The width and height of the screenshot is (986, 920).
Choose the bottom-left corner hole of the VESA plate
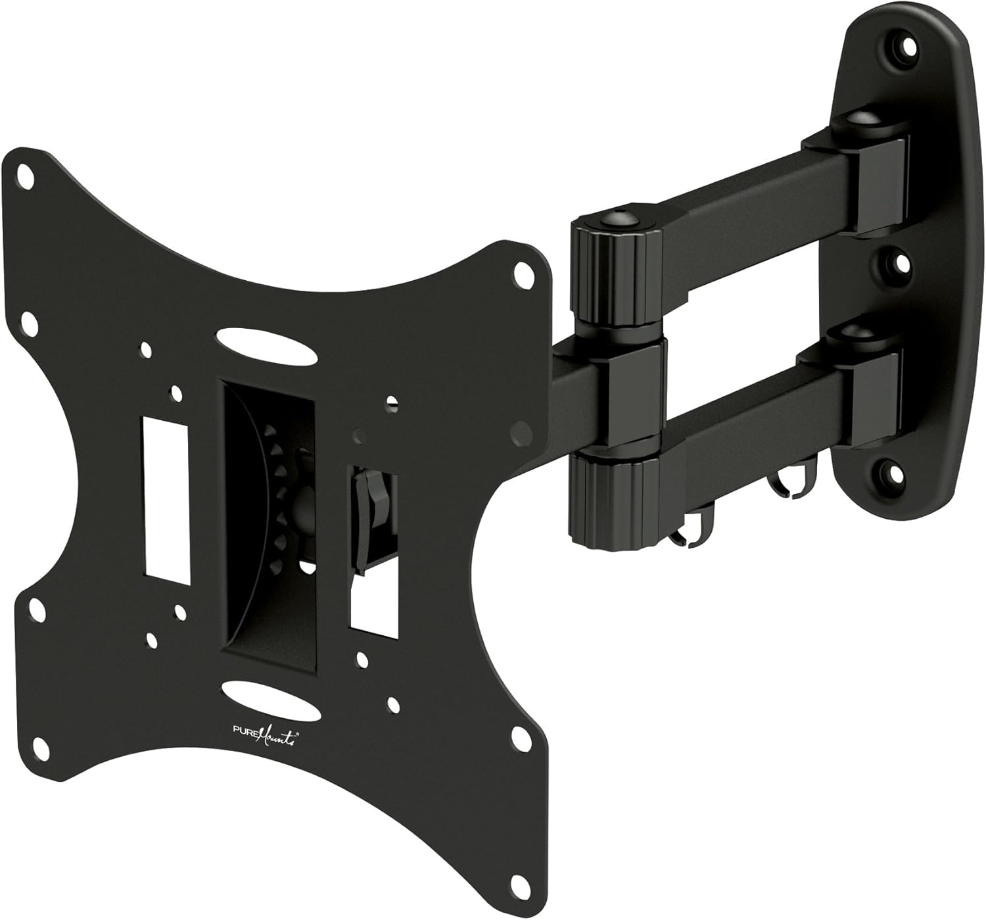pyautogui.click(x=37, y=607)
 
